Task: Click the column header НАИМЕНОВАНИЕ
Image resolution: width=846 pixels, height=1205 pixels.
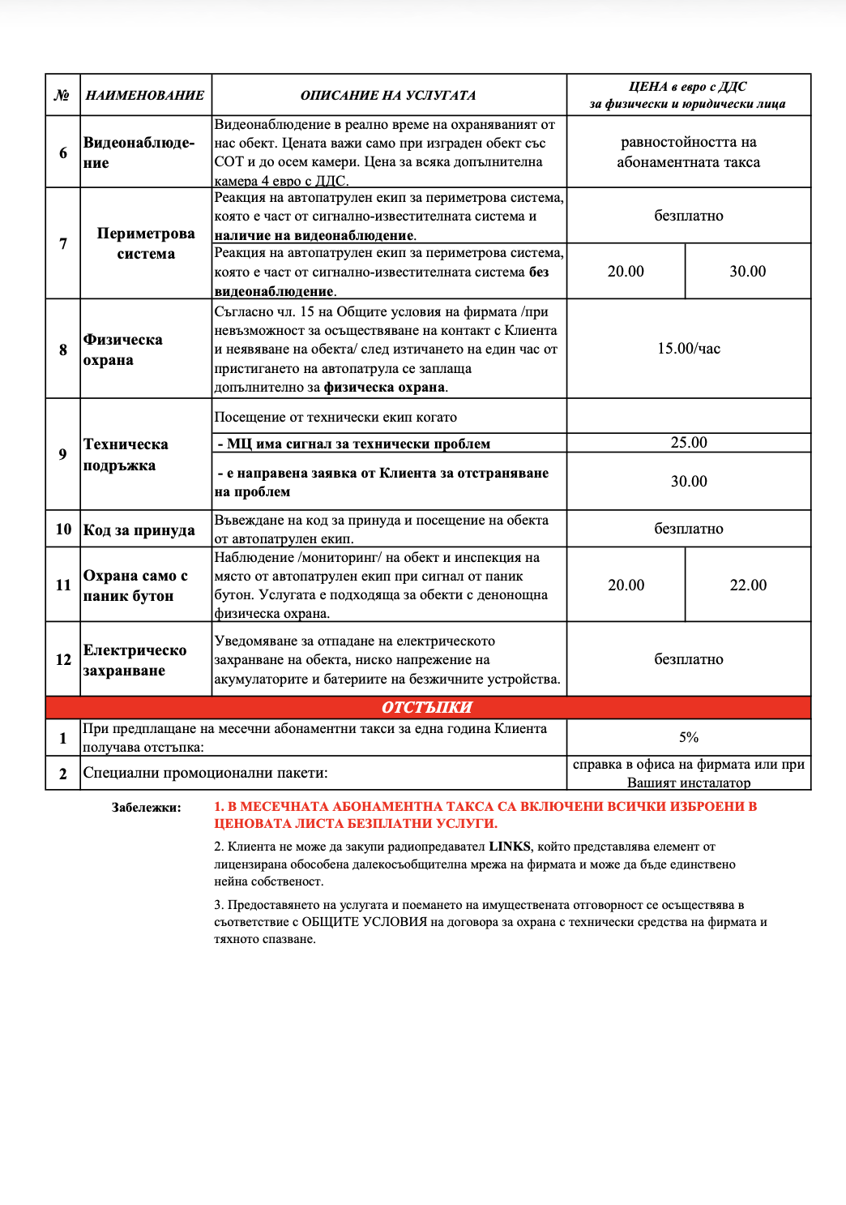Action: [x=145, y=95]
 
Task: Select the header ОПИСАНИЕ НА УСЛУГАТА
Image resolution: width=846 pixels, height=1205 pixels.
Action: [x=388, y=95]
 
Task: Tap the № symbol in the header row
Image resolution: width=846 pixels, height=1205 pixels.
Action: [x=62, y=95]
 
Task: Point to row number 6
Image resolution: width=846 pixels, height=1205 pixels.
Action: [x=63, y=152]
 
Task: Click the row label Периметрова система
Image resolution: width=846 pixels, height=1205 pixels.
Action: [x=146, y=243]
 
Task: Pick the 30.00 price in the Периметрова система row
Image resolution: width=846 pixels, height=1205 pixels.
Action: [x=747, y=272]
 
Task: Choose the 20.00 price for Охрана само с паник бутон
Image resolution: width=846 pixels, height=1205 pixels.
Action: [x=626, y=585]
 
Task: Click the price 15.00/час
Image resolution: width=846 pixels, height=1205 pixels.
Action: [x=689, y=349]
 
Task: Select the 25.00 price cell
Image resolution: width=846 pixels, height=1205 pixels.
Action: [x=689, y=443]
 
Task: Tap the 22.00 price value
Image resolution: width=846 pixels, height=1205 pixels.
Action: [x=748, y=585]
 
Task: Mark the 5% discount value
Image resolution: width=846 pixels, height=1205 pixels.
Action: [x=689, y=737]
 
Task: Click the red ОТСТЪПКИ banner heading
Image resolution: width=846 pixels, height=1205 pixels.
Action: [x=427, y=707]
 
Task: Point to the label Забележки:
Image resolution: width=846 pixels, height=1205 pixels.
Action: [x=147, y=808]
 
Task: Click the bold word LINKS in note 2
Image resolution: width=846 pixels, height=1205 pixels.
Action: [x=510, y=847]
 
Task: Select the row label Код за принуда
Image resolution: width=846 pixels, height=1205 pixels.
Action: [x=139, y=530]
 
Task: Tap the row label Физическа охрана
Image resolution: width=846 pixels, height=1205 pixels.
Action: [x=123, y=349]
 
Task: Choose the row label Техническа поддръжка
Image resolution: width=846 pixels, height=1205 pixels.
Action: [x=126, y=455]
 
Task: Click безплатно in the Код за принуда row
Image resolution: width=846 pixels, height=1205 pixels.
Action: [x=689, y=529]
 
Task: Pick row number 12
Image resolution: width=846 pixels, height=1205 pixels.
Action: [x=63, y=660]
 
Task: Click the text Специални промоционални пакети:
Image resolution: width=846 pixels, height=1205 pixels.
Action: [x=205, y=774]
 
